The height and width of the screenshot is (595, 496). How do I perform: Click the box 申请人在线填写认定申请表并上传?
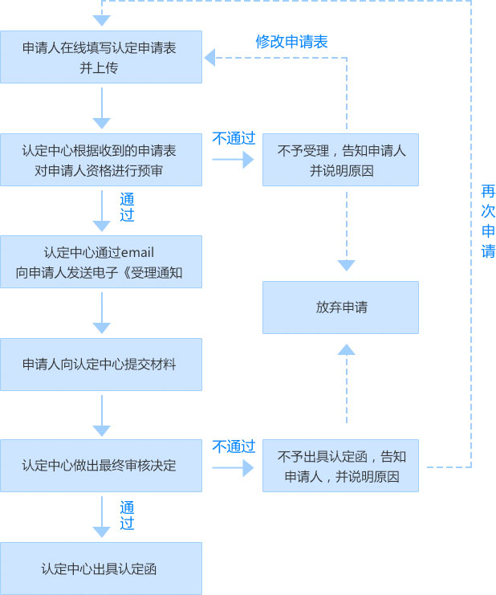(x=101, y=57)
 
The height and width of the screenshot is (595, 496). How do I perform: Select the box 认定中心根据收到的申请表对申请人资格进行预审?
(x=101, y=160)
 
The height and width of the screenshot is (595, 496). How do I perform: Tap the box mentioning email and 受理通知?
(x=101, y=262)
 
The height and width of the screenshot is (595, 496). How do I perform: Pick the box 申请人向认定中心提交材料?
(x=101, y=364)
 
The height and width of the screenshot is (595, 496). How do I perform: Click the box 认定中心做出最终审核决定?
(x=101, y=465)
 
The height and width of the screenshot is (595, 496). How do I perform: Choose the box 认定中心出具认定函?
(x=101, y=569)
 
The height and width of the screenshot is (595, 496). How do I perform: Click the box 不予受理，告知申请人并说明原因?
(x=340, y=160)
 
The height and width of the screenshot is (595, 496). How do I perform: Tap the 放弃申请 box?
(x=340, y=308)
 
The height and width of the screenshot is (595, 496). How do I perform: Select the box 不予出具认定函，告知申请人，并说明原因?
(x=340, y=466)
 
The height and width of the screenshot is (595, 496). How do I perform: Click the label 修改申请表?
(x=291, y=42)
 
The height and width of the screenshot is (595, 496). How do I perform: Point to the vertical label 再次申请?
(x=488, y=221)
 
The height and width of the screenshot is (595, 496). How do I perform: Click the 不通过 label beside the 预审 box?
(x=233, y=138)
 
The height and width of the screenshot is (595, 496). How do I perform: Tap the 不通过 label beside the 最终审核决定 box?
(x=233, y=446)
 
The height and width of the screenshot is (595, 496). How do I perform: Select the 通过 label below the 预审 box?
(x=127, y=206)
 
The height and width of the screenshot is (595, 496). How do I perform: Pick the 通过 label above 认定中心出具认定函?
(x=127, y=515)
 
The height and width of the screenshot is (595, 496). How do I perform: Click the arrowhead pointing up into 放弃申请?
(x=346, y=348)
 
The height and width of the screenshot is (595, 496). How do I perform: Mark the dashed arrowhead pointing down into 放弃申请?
(x=346, y=265)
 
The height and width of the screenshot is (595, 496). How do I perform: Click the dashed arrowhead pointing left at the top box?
(x=209, y=57)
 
